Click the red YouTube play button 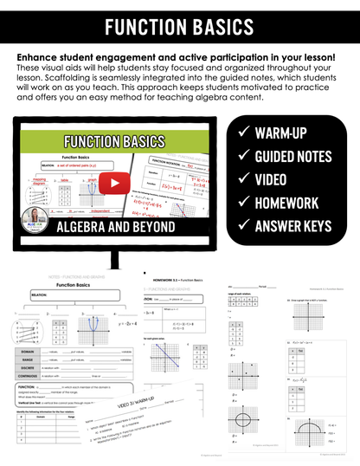pos(110,183)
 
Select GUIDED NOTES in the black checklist pos(299,158)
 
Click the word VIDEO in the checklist pos(278,180)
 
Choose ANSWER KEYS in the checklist pos(299,227)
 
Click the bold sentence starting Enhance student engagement pos(181,57)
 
